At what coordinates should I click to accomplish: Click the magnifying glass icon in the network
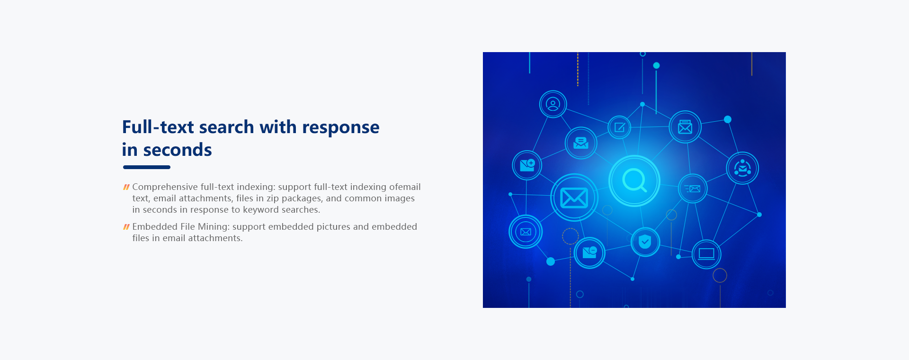point(634,180)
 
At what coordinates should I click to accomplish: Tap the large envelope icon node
point(574,198)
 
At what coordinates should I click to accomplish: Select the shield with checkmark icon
point(645,242)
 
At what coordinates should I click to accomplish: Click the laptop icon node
point(706,254)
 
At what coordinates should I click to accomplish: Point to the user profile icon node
point(553,104)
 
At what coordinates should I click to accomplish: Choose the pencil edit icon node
point(620,127)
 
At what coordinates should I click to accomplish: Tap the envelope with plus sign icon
point(527,165)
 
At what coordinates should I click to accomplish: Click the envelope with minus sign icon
point(589,252)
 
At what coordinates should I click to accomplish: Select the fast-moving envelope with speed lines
point(692,189)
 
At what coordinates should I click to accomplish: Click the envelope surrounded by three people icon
point(742,168)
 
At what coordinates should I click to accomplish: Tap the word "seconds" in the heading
point(178,150)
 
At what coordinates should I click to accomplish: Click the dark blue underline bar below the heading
point(147,167)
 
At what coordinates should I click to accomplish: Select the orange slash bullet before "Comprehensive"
point(126,187)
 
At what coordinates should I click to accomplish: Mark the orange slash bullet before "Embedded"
point(126,227)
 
